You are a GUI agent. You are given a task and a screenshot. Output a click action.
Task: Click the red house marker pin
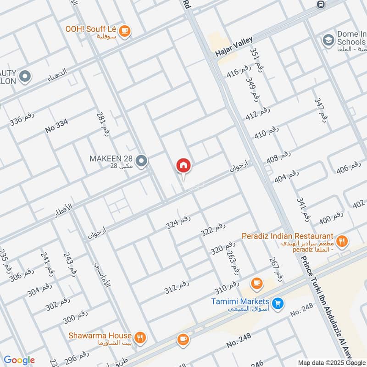(183, 166)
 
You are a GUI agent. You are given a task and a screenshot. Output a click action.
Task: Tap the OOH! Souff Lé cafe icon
(124, 31)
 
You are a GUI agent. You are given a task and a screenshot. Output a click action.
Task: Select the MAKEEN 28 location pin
(142, 161)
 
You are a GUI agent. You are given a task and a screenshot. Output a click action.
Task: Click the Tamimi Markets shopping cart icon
(277, 303)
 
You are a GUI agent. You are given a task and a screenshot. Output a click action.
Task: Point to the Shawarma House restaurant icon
(140, 338)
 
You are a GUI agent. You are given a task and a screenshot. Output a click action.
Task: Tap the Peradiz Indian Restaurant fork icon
(341, 240)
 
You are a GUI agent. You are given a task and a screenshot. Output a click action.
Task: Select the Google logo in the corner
(19, 360)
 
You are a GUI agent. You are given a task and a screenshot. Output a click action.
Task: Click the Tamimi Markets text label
(240, 301)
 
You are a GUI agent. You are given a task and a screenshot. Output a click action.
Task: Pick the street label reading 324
(178, 223)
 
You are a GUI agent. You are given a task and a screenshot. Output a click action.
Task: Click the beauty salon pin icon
(25, 76)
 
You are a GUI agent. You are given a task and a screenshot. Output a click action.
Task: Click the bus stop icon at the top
(321, 4)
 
